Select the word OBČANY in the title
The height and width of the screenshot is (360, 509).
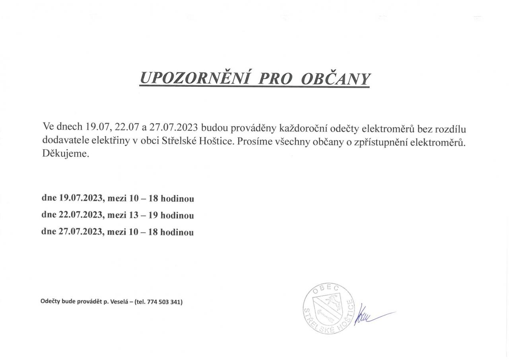click(x=336, y=79)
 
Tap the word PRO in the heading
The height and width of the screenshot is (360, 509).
click(x=275, y=79)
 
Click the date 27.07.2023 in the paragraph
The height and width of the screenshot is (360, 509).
click(x=173, y=128)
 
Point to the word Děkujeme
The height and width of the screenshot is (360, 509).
click(x=65, y=154)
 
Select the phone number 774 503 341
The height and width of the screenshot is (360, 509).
click(x=164, y=302)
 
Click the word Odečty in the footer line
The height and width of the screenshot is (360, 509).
click(x=50, y=302)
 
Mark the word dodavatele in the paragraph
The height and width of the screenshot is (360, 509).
click(x=62, y=141)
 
